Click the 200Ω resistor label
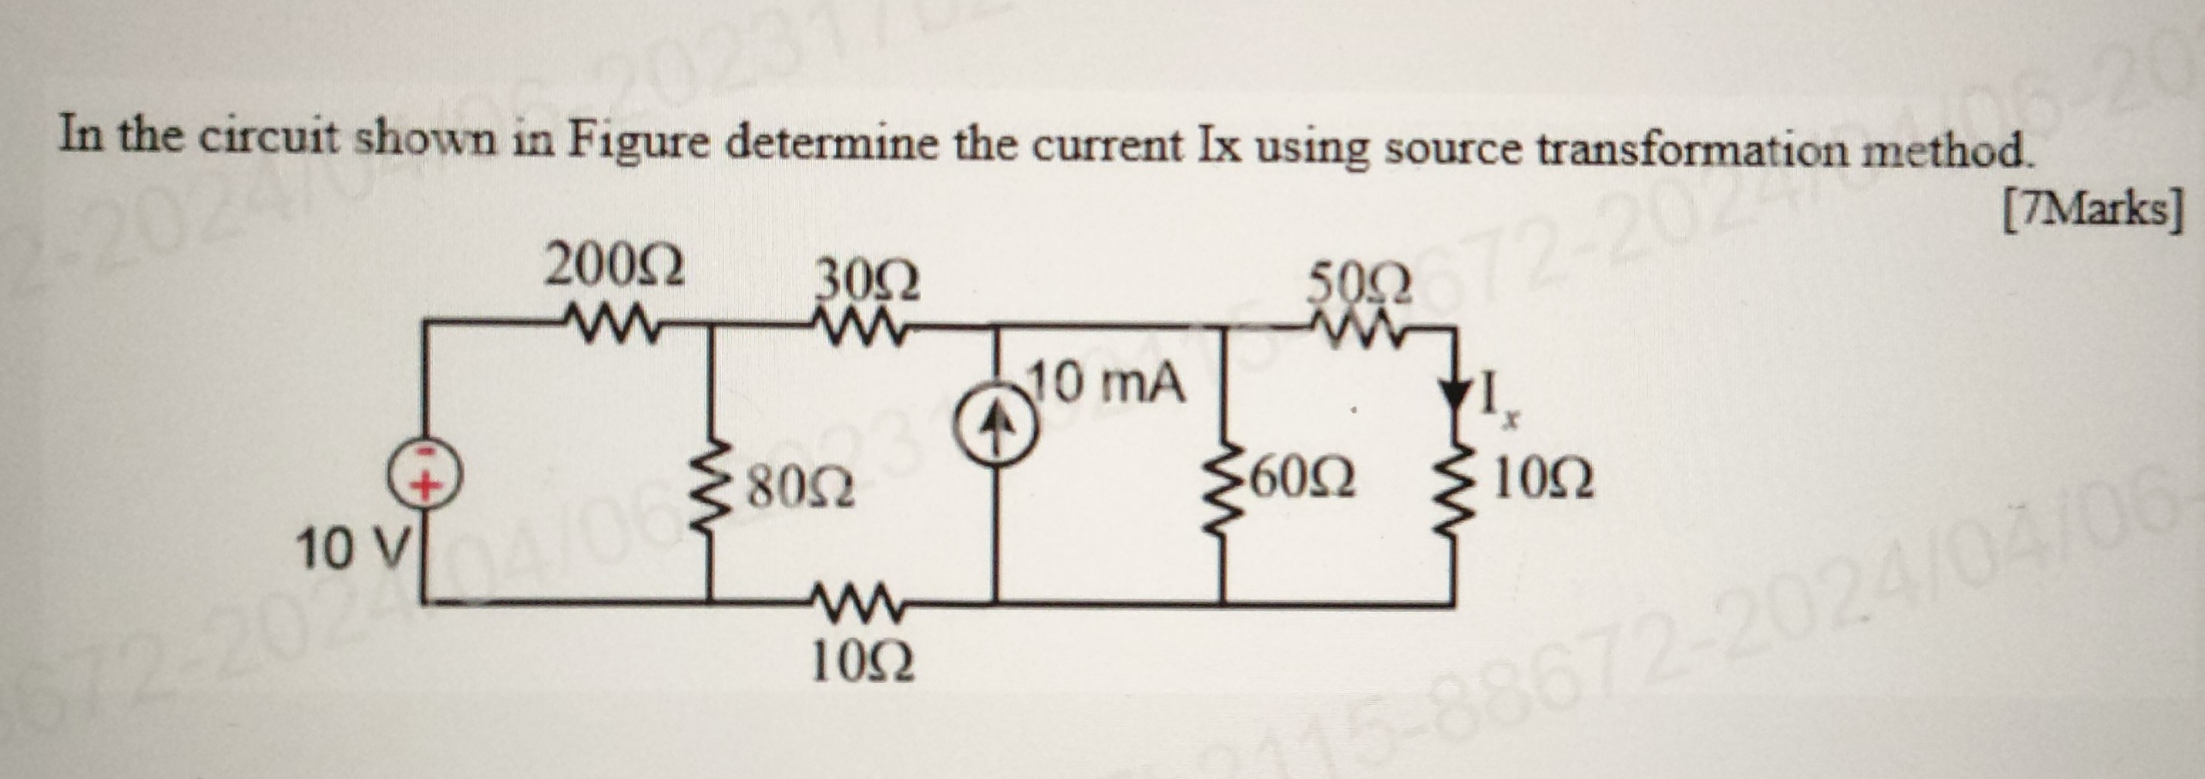point(615,267)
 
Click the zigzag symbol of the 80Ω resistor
point(708,491)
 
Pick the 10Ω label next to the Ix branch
point(1543,482)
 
